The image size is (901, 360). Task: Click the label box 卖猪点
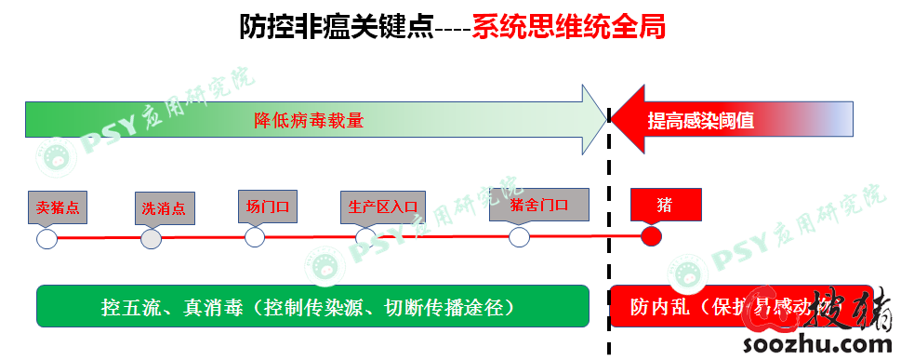pos(58,207)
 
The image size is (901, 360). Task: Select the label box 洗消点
pos(164,208)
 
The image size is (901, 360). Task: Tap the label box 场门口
pos(268,206)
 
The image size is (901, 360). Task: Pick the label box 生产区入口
pos(380,207)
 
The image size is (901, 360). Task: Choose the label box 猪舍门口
pos(539,204)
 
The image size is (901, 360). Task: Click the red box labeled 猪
pos(664,204)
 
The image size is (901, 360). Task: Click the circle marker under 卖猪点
pos(46,240)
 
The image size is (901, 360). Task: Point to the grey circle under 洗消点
pos(151,239)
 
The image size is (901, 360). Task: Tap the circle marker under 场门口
pos(255,237)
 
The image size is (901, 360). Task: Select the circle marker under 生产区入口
pos(365,237)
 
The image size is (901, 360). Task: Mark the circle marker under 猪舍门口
pos(519,237)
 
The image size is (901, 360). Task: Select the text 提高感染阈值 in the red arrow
pos(700,120)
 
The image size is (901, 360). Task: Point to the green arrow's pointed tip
pos(604,119)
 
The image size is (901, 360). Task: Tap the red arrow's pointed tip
pos(615,119)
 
